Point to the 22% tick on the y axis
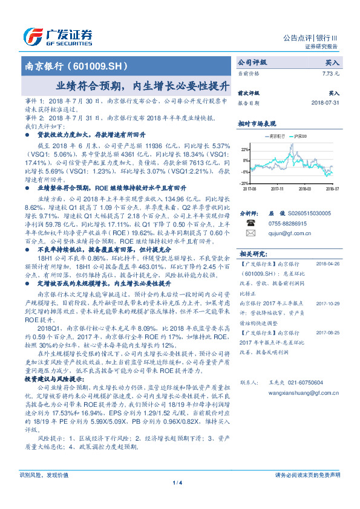(244, 149)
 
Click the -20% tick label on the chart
(244, 183)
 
